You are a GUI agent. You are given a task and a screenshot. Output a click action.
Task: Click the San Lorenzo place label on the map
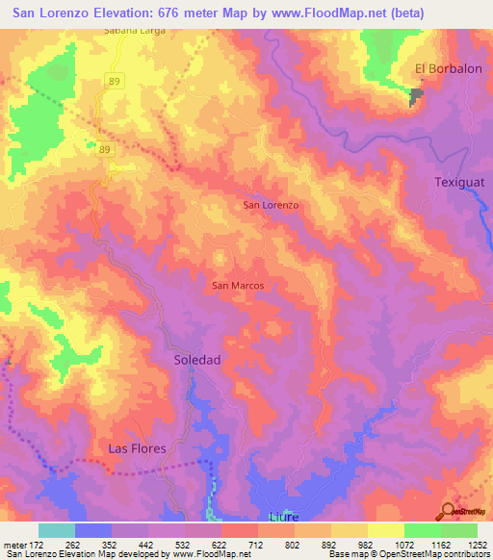coord(271,206)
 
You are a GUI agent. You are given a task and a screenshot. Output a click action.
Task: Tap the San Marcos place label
coord(238,286)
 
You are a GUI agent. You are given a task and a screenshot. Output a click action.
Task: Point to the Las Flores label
coord(137,448)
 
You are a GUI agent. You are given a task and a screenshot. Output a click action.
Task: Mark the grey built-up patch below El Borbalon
coord(416,96)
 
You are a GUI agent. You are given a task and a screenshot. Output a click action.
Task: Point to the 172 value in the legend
coord(38,544)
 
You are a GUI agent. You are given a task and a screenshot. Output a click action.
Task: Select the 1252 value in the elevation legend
coord(477,544)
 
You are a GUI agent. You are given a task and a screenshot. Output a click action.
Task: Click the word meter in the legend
coord(13,544)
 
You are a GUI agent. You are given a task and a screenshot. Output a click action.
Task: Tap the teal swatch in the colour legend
coord(56,530)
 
